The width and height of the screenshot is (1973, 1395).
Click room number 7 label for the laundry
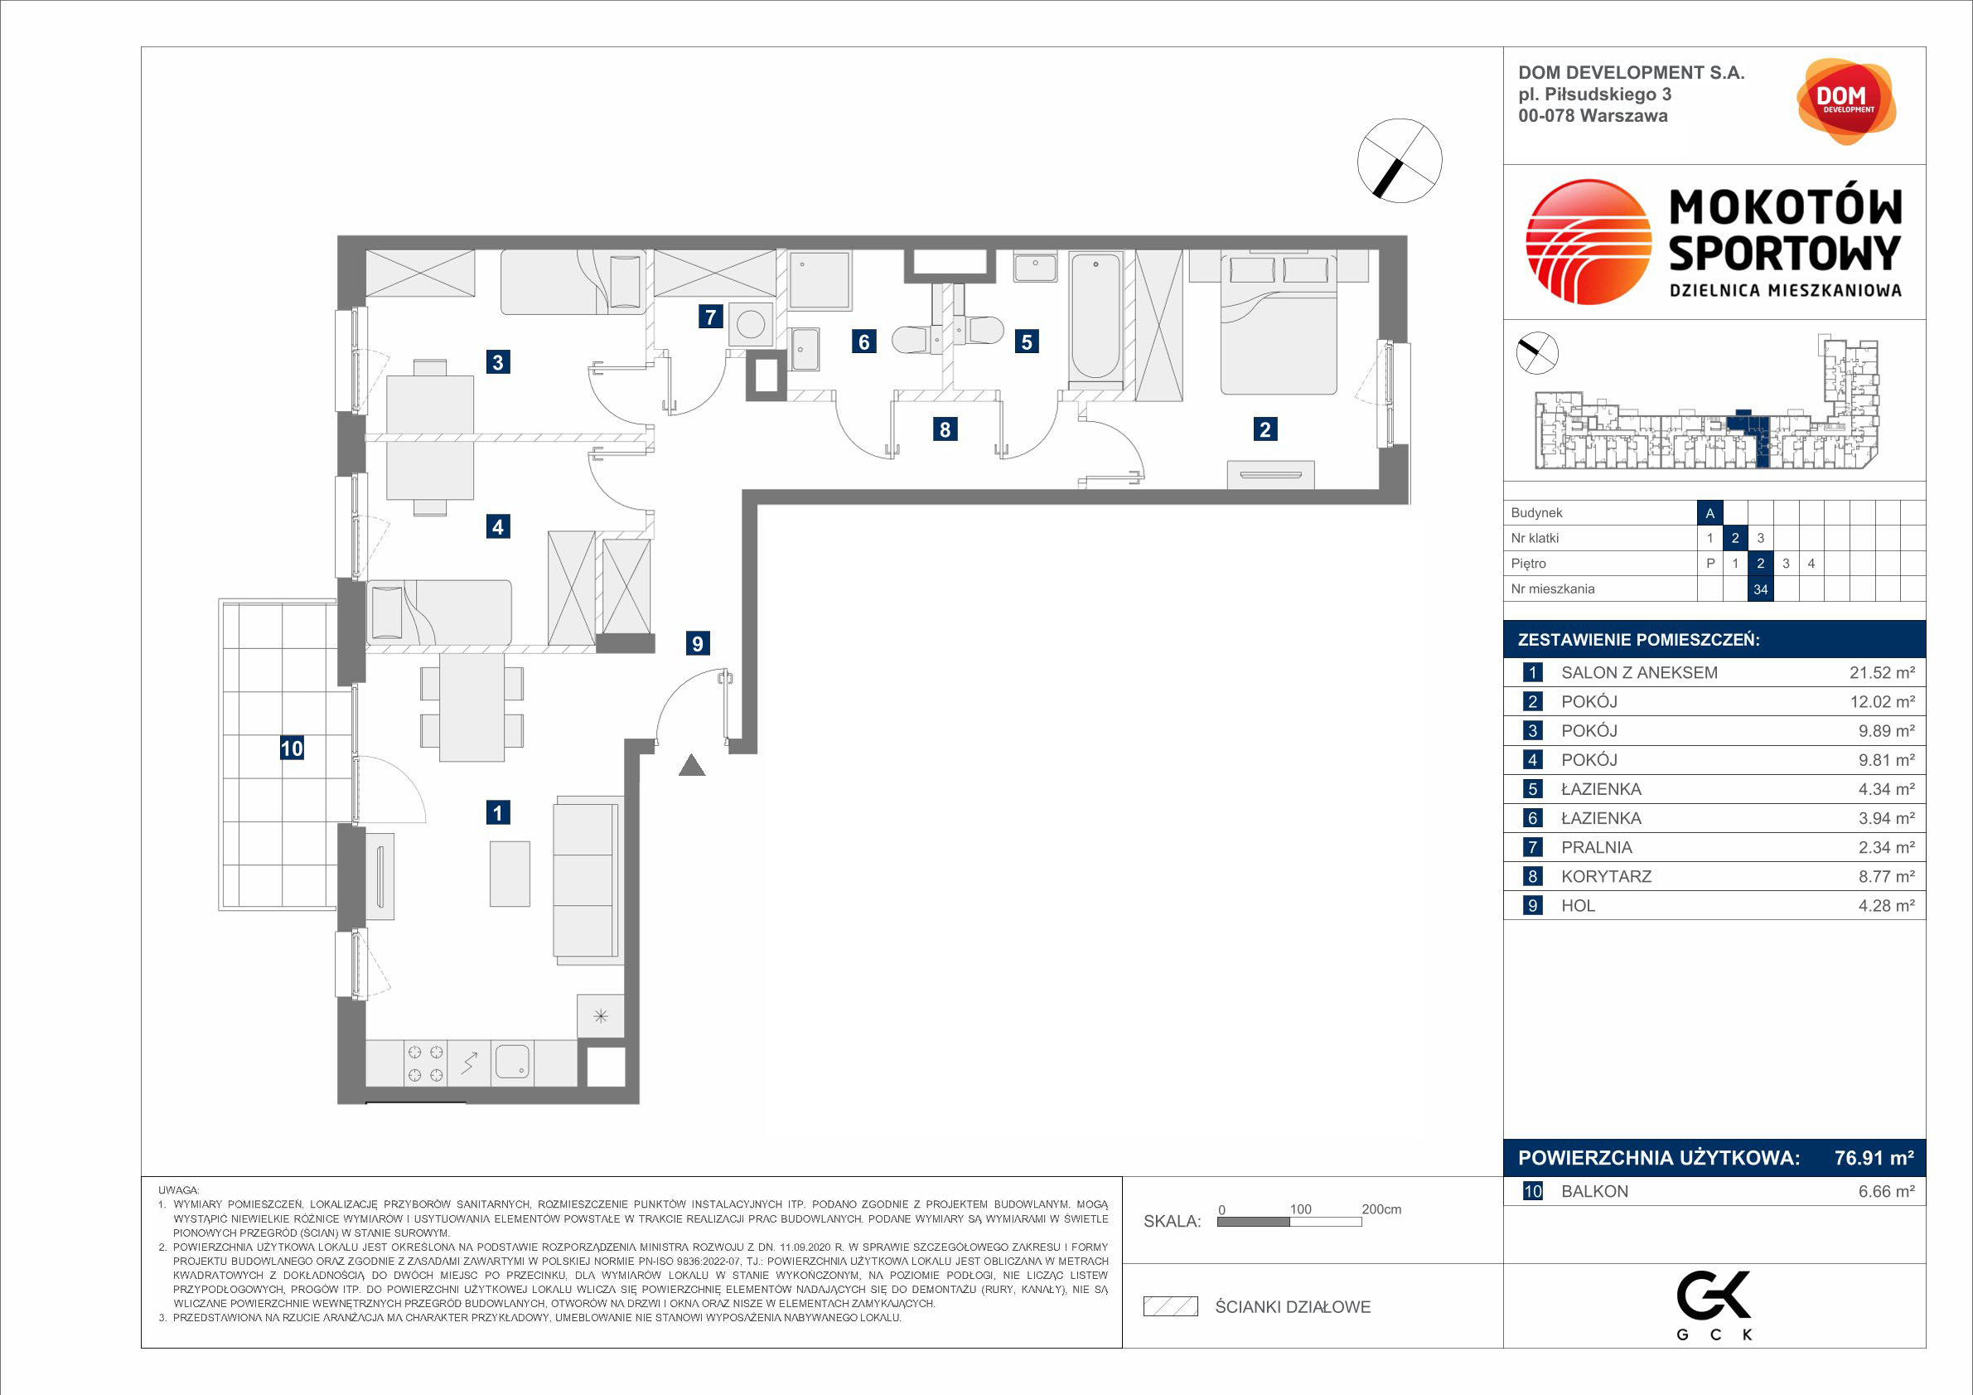(x=710, y=317)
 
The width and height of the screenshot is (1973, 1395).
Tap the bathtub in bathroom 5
(x=1095, y=316)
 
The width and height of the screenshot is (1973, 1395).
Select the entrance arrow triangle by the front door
(x=692, y=765)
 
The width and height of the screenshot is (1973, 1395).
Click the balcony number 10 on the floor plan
(x=292, y=748)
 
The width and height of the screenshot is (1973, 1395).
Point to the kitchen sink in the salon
(x=512, y=1063)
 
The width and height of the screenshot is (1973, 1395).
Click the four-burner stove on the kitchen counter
(x=425, y=1063)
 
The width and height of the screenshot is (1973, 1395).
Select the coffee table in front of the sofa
(x=510, y=874)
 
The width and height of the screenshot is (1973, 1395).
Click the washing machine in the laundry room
(x=751, y=325)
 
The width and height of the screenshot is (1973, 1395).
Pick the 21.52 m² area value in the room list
(x=1882, y=673)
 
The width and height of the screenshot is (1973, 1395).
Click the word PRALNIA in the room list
(x=1596, y=847)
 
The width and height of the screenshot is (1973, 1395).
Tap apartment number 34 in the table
(x=1761, y=589)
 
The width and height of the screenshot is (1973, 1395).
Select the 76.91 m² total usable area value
(x=1874, y=1158)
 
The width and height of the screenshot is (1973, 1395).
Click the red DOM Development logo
(x=1846, y=101)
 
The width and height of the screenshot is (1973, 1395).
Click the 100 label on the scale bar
(x=1300, y=1209)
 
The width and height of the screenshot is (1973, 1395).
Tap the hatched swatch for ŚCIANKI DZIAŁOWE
(x=1170, y=1306)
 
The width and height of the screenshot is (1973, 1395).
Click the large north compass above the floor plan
(x=1399, y=161)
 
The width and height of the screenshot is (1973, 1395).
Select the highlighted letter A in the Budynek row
(x=1710, y=513)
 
